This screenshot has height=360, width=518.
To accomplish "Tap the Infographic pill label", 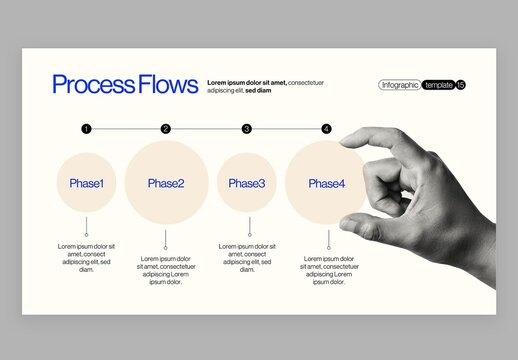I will tap(400, 85).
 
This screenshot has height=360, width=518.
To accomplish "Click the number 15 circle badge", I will tap(461, 85).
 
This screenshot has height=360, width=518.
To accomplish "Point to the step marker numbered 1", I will tap(86, 129).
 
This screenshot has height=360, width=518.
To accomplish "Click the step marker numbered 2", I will tap(166, 129).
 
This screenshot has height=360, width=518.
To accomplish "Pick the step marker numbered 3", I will tap(247, 129).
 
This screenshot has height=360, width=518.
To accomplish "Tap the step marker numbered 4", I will tap(326, 129).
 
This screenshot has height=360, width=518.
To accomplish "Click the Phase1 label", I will tap(86, 183).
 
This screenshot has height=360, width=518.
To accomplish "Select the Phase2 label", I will tap(166, 183).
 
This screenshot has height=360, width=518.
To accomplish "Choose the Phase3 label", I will tap(247, 183).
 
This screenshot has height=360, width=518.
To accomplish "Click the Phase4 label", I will tap(326, 183).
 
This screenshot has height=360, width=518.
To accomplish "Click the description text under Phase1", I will tap(86, 257).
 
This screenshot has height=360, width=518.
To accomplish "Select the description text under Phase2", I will tap(166, 270).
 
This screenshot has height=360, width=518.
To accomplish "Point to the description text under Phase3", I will tap(247, 257).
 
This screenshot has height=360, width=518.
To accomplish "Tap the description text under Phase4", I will tap(329, 270).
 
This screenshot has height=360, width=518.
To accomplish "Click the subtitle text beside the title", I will tap(265, 85).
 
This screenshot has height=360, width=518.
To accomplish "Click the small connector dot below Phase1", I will tap(86, 234).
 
